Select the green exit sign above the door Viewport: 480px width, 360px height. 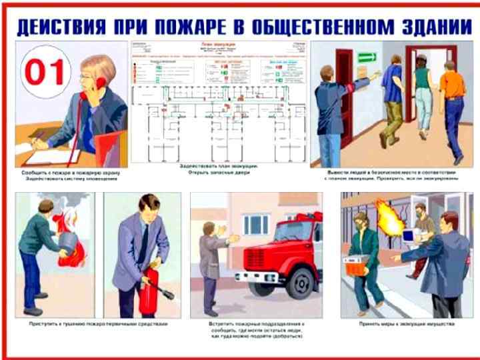[368, 57]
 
